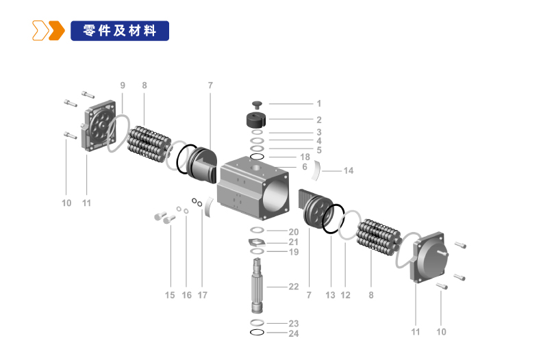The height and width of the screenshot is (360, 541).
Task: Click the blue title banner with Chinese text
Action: pos(120,31)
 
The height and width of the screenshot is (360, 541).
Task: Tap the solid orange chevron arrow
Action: pos(57,31)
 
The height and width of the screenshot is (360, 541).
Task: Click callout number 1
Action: pos(319,103)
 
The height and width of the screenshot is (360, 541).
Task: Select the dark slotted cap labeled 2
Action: pos(256,119)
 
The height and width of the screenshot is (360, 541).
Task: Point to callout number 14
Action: pos(349,170)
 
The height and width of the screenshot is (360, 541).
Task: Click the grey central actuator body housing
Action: pos(253,188)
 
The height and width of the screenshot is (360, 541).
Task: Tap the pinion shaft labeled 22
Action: pos(257,285)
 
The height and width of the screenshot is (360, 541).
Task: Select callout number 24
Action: pos(294,333)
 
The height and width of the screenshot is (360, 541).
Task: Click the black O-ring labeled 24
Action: pos(257,333)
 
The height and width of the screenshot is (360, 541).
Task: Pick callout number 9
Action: pos(123,85)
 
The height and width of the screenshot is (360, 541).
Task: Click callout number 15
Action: pos(170,295)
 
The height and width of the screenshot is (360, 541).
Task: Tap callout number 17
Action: pos(203,295)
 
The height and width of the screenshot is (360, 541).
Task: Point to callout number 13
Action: pos(330,295)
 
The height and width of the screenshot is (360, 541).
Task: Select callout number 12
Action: pos(345,295)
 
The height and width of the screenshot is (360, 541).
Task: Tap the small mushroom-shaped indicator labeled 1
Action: pos(257,105)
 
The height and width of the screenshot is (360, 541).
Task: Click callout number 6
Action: pos(305,167)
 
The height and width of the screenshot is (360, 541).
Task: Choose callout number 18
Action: pos(305,157)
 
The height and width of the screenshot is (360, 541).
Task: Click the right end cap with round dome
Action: pos(429,257)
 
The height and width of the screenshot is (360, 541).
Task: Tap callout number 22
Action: pos(294,287)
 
